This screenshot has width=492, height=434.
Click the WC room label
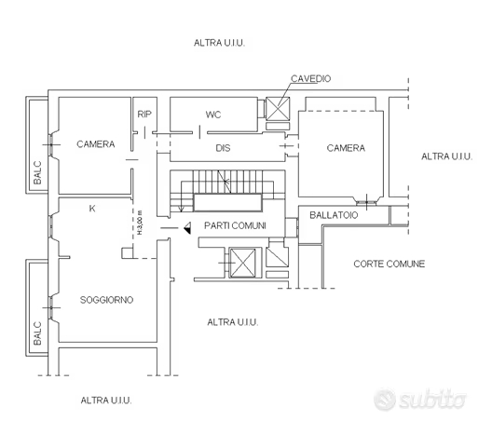(213, 115)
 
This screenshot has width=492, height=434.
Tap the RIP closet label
(144, 115)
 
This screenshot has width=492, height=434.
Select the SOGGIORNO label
(106, 300)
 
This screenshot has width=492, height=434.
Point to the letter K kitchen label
(92, 209)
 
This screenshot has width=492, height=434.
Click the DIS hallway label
(223, 148)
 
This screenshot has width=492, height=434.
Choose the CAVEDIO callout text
(310, 78)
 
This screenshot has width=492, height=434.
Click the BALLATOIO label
(334, 215)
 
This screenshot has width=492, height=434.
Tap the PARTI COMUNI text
(235, 225)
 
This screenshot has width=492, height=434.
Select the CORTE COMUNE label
(389, 264)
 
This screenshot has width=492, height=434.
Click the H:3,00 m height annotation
(140, 222)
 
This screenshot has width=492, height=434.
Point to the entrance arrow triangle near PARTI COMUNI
(187, 227)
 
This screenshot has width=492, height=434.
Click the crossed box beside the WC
(278, 108)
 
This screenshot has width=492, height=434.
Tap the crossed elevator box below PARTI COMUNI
(243, 263)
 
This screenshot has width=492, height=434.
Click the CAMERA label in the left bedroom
(96, 144)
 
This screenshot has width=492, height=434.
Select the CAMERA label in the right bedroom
(346, 148)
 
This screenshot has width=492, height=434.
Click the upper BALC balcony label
(37, 173)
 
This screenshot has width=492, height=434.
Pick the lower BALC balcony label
(37, 333)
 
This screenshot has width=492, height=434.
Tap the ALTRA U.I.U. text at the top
(219, 43)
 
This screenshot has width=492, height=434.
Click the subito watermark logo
(419, 400)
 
